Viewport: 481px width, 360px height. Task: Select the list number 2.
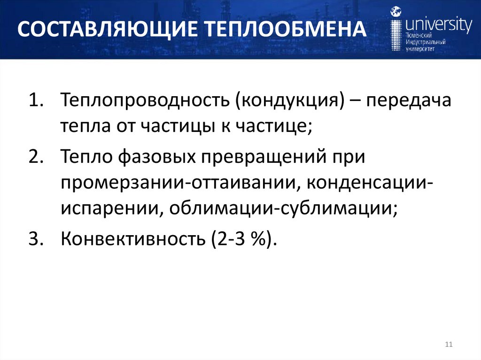coord(35,157)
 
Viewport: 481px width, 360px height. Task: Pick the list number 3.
coord(35,239)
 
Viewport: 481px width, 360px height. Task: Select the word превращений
coord(274,157)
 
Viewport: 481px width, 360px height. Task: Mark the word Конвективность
coord(128,239)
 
